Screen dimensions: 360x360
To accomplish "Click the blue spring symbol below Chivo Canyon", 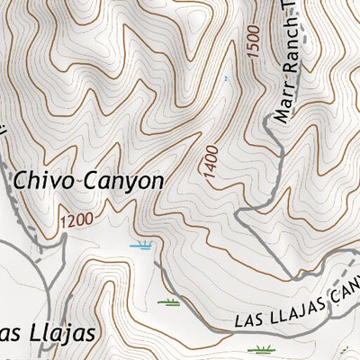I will click(140, 245).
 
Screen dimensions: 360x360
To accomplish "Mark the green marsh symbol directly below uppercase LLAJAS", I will click(261, 348).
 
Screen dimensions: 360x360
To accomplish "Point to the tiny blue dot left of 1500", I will click(225, 78).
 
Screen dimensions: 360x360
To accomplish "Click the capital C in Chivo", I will click(20, 180).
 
